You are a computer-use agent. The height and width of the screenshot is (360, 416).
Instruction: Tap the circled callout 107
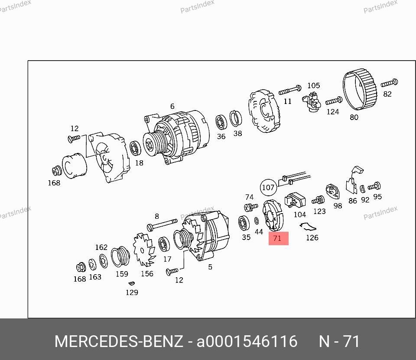tap(268, 188)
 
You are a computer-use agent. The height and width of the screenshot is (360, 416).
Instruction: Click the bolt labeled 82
tap(389, 83)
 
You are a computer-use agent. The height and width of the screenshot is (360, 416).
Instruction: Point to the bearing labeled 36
tap(221, 122)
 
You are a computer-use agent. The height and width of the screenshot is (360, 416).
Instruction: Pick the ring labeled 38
tap(236, 119)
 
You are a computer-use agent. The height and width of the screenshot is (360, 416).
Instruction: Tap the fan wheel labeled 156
tap(144, 250)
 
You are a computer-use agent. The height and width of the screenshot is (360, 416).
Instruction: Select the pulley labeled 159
tap(120, 256)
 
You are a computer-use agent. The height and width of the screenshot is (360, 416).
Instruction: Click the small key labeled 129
tap(131, 283)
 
